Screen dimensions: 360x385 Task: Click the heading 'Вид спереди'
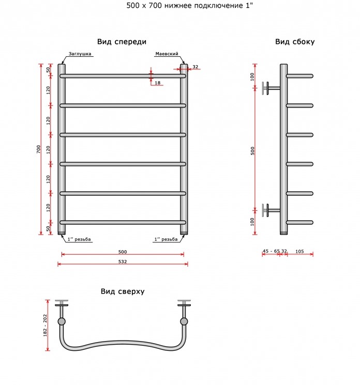point(122,42)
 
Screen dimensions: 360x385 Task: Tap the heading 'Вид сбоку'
point(295,42)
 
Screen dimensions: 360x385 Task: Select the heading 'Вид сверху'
point(123,291)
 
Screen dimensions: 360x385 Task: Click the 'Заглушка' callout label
point(80,54)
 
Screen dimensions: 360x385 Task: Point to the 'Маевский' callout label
point(167,54)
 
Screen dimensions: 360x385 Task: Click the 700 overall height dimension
point(38,149)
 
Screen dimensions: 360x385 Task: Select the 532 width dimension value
point(123,261)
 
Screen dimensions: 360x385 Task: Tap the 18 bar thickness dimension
point(158,83)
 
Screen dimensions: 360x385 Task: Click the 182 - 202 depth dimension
point(45,326)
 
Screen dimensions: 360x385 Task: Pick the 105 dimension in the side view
point(299,251)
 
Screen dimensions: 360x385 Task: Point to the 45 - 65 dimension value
point(271,251)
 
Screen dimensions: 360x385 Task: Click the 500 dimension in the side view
point(252,151)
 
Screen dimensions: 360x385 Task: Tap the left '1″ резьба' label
point(79,239)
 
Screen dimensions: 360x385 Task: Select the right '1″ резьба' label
point(166,239)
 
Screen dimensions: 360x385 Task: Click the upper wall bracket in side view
point(271,88)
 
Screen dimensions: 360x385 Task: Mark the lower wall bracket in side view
point(271,210)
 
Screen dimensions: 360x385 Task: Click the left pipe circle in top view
point(62,321)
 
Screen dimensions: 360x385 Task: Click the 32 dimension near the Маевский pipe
point(196,67)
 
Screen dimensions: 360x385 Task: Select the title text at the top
point(189,5)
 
